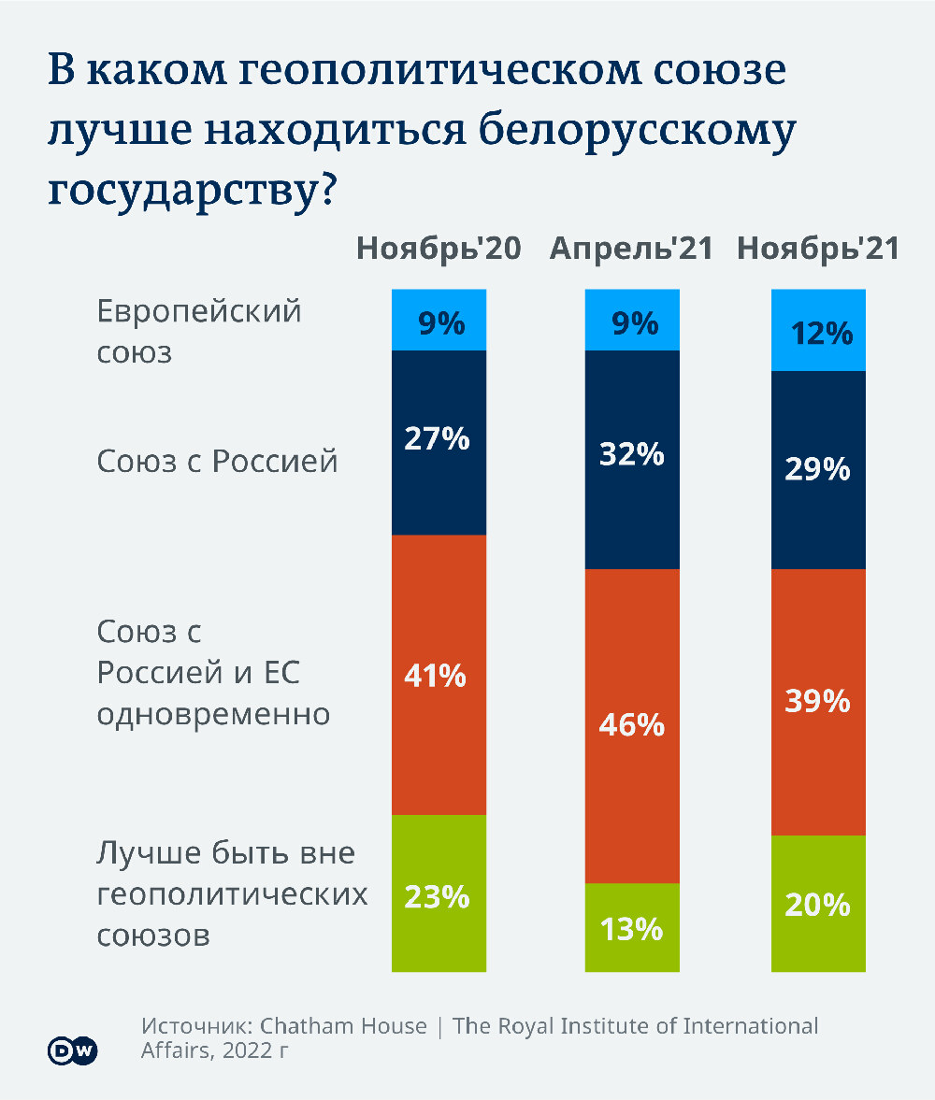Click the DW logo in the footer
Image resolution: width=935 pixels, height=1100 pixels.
coord(73,1050)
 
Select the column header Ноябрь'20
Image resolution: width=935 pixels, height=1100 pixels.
coord(439,249)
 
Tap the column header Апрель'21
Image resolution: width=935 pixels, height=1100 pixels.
coord(631,249)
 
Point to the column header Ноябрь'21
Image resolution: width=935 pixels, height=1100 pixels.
coord(819,249)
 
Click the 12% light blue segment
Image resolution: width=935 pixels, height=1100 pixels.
coord(818,331)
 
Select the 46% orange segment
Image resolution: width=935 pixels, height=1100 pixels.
coord(632,725)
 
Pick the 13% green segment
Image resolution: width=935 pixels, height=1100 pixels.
coord(632,927)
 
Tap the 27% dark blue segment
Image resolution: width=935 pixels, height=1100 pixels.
coord(439,442)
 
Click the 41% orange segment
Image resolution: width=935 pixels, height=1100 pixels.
coord(439,675)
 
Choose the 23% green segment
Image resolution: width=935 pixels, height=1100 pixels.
coord(439,893)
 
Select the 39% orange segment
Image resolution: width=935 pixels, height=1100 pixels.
coord(818,701)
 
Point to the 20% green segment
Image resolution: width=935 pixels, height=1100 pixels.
coord(818,903)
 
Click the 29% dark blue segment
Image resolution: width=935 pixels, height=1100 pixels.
coord(818,470)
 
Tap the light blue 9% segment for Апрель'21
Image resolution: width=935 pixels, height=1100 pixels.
coord(632,321)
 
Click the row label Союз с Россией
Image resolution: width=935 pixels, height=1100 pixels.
coord(217,462)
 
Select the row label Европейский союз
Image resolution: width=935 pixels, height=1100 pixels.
coord(199,331)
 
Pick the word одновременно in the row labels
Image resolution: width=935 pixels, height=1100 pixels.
coord(213,715)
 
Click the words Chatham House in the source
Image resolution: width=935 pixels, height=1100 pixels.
coord(343,1026)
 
